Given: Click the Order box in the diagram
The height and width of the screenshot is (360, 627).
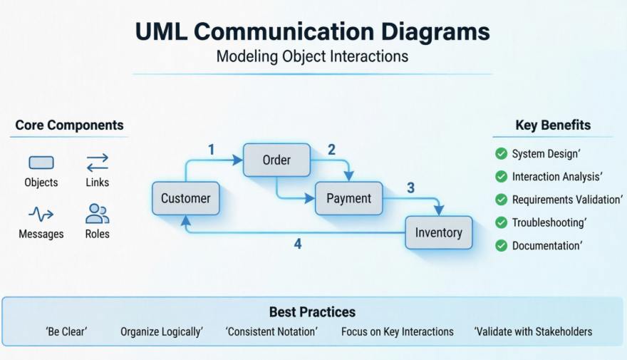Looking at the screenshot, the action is coord(276,160).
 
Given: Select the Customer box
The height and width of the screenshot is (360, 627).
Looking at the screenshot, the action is coord(185,198).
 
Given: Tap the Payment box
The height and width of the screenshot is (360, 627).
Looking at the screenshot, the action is coord(348,198).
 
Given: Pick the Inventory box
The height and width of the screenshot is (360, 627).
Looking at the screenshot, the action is coord(439,232).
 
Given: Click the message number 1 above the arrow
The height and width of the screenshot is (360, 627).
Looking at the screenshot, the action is coord(212,150).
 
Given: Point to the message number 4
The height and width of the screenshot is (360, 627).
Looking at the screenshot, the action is coord(298,244).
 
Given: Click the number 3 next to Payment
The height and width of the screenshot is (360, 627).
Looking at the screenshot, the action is coord(410,187).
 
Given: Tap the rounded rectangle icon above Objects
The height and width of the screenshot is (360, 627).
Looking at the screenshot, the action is coord(41,163).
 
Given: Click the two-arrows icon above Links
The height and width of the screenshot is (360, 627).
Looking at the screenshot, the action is coord(98,163).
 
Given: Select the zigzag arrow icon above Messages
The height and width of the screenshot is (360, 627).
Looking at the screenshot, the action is coord(41,214).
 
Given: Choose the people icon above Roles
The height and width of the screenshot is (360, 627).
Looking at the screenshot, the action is coord(97,214).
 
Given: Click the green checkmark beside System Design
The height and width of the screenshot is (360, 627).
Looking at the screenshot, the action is coord(501,153).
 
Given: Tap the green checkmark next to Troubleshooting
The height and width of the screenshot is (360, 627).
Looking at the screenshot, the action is coord(501,222).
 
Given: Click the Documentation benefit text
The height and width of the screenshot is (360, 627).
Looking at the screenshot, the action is coord(547,246).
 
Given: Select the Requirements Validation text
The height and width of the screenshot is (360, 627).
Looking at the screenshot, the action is coord(567,200).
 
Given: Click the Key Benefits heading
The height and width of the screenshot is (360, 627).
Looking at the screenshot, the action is coord(553,125).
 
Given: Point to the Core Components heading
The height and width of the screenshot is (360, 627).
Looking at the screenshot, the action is coord(70,125).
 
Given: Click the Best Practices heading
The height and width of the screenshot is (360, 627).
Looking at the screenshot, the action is coord(312,312).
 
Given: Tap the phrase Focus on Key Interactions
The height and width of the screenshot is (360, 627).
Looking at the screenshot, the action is coord(398,331).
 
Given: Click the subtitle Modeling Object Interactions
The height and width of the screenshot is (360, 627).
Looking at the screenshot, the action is coord(312,56).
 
